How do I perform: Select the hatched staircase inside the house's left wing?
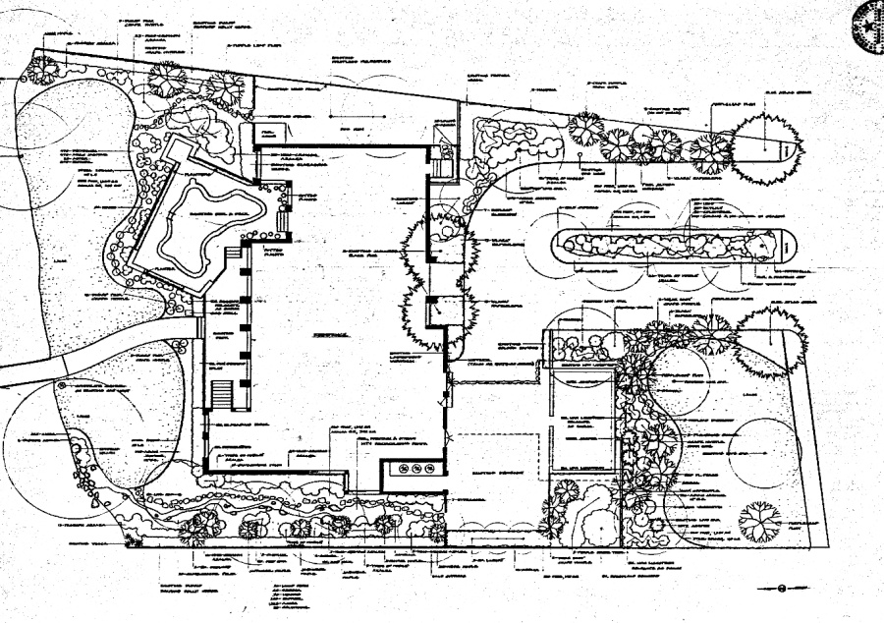point(221,394)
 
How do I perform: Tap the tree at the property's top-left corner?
point(41,68)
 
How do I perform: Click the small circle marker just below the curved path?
point(65,386)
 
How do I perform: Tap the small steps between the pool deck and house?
point(284,222)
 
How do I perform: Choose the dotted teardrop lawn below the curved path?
point(108,423)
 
